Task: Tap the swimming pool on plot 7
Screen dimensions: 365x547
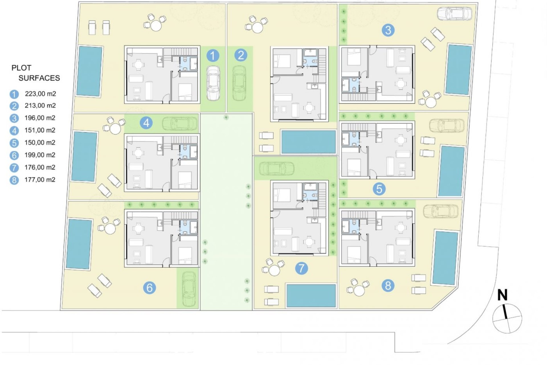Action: (x=311, y=295)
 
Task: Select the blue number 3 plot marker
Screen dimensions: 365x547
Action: (x=388, y=30)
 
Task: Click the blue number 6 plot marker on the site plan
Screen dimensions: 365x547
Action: (x=150, y=288)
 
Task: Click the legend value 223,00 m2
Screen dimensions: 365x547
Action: (x=40, y=94)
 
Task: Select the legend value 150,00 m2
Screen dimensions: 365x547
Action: (x=40, y=143)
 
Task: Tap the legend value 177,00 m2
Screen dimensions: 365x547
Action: (x=40, y=180)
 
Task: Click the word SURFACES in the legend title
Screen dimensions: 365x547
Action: (x=39, y=78)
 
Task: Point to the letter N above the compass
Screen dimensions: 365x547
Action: (x=503, y=295)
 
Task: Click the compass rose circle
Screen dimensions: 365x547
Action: (x=507, y=319)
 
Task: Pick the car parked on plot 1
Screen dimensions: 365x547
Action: (x=213, y=83)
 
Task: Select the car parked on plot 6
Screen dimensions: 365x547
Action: (x=188, y=289)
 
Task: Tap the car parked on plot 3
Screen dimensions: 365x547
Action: (x=454, y=14)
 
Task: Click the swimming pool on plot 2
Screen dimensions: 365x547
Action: (x=309, y=142)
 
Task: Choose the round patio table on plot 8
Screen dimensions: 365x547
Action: (x=359, y=291)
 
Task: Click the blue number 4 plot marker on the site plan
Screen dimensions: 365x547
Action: (x=146, y=123)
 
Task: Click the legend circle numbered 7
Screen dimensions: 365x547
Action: (x=14, y=168)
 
